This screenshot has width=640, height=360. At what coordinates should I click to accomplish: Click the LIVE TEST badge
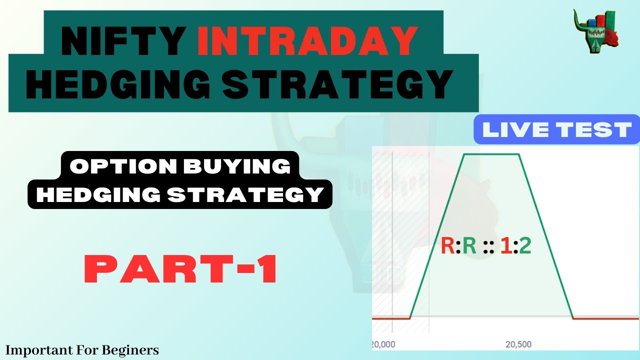tap(556, 129)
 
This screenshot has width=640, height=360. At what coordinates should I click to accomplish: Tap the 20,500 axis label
tap(518, 344)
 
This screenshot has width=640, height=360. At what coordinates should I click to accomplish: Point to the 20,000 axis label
tap(383, 344)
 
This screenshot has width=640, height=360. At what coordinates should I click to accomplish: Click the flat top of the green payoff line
tap(492, 154)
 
